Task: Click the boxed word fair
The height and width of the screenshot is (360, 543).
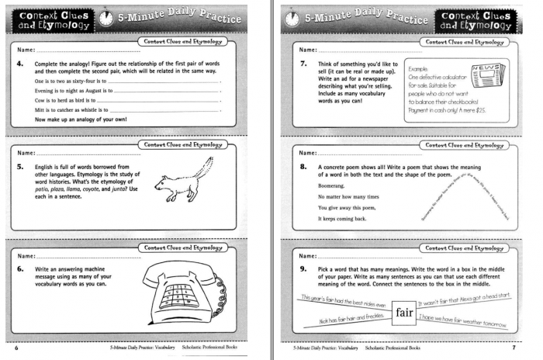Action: [x=403, y=313]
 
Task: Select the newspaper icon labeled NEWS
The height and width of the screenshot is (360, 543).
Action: [x=486, y=75]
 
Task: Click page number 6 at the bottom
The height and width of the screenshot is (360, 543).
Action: [x=9, y=349]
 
